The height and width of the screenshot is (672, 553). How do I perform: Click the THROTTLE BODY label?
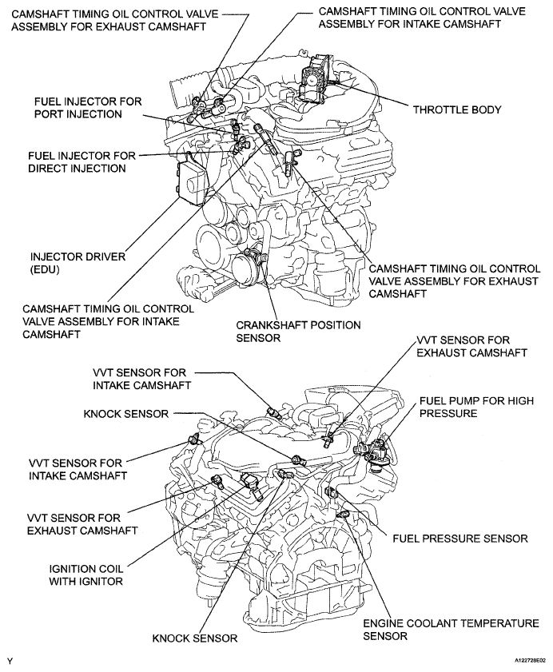[456, 109]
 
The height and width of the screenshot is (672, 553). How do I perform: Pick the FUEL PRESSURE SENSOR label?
[460, 539]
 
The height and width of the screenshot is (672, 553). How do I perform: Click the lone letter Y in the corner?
[10, 662]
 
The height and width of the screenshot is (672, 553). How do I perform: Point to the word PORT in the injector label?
[50, 114]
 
